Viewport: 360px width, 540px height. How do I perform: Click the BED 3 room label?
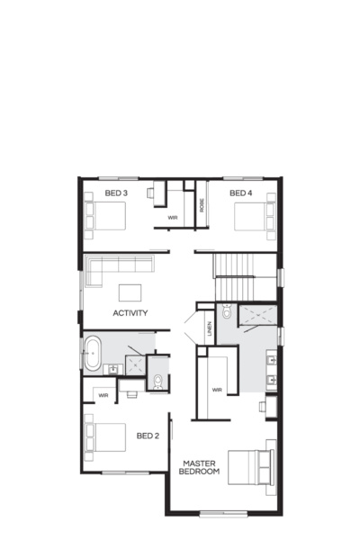[x=116, y=193]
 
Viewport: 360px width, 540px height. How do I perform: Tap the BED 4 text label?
[x=240, y=193]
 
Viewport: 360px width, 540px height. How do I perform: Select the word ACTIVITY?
[x=130, y=313]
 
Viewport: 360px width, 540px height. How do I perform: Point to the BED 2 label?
[x=148, y=436]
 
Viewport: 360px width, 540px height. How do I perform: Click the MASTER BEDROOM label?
[x=201, y=468]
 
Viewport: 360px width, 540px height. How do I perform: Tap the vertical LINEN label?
[x=209, y=328]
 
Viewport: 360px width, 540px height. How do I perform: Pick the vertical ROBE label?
[x=202, y=204]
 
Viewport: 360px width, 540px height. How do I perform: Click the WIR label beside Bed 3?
[x=172, y=218]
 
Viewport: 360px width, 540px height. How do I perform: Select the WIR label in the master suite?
[x=217, y=390]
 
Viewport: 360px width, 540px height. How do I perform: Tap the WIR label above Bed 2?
[x=103, y=394]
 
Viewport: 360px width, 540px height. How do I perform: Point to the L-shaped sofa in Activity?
[x=117, y=266]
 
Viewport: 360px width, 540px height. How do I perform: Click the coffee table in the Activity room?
[x=130, y=292]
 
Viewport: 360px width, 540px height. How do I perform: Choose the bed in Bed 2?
[x=103, y=438]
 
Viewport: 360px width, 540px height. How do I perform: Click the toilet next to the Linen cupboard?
[x=227, y=314]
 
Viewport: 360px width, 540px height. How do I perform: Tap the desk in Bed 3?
[x=153, y=190]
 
